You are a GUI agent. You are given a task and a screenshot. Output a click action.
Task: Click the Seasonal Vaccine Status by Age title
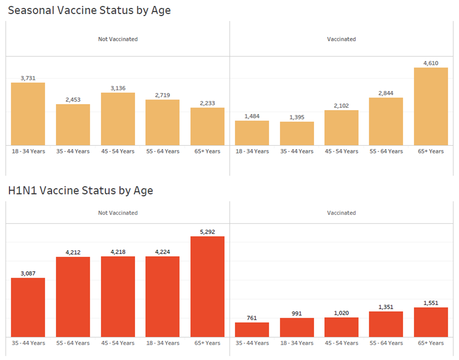click(x=89, y=11)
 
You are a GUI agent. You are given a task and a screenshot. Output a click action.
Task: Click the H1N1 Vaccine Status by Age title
click(x=81, y=191)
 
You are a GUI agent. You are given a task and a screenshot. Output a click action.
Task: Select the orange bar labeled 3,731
click(x=28, y=114)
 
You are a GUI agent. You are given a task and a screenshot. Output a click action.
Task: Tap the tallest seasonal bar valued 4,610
click(x=430, y=107)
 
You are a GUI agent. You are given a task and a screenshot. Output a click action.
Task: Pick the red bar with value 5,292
click(x=207, y=287)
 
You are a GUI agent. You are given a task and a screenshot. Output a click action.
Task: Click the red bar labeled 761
click(x=252, y=330)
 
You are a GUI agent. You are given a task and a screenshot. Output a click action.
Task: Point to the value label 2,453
click(x=73, y=100)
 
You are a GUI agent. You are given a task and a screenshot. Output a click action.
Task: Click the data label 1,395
click(x=297, y=117)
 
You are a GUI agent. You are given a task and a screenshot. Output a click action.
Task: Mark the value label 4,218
click(x=118, y=252)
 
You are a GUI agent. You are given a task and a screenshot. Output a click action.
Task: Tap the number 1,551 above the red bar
click(x=430, y=303)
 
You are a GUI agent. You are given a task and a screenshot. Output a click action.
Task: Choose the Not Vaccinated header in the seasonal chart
click(x=118, y=39)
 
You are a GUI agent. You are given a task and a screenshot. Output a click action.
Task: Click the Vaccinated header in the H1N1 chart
click(x=341, y=213)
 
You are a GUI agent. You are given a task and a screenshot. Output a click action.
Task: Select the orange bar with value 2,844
click(x=386, y=122)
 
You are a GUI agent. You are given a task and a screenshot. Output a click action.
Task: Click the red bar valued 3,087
click(x=28, y=308)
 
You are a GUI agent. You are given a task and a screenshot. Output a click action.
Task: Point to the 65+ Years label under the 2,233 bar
click(x=207, y=151)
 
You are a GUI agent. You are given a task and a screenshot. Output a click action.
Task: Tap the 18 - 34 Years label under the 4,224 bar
click(x=162, y=343)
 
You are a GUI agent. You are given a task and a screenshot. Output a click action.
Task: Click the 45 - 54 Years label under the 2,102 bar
click(x=341, y=151)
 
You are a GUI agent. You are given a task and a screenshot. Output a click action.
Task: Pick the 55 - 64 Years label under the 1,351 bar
click(x=386, y=343)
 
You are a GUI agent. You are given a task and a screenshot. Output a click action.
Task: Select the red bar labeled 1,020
click(x=341, y=327)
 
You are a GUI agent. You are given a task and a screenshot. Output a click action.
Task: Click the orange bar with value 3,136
click(x=118, y=119)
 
